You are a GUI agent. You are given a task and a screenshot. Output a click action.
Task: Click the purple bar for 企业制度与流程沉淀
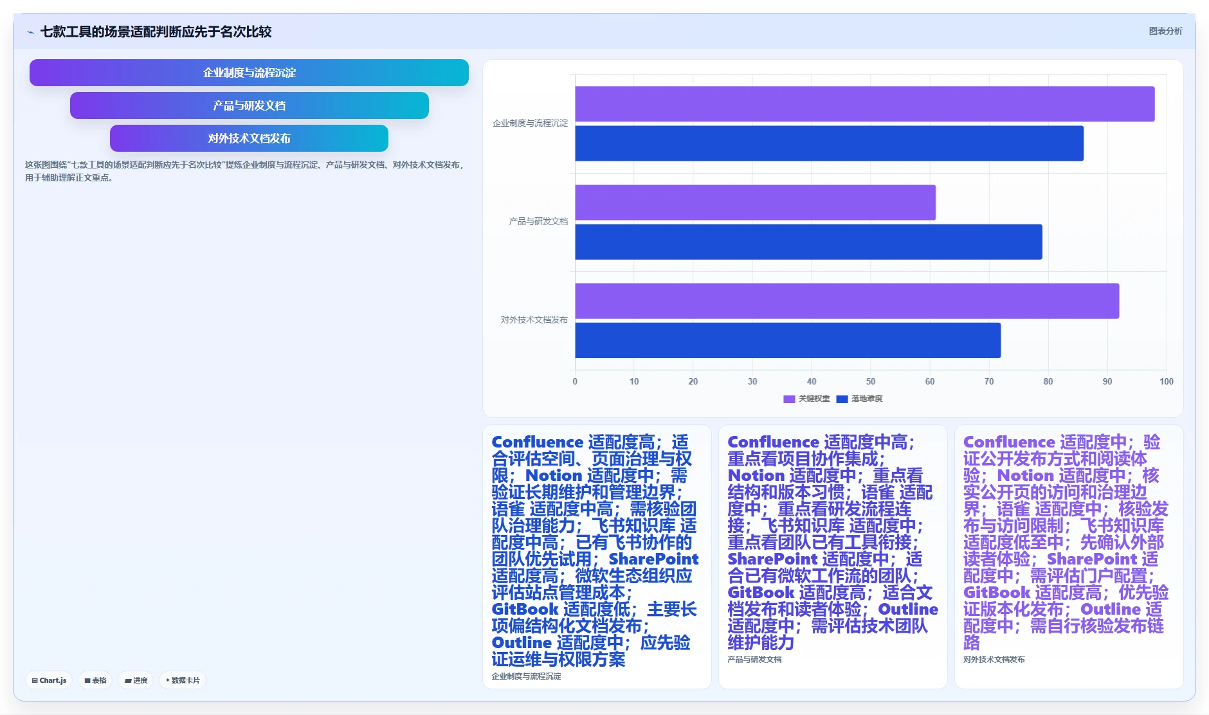click(864, 104)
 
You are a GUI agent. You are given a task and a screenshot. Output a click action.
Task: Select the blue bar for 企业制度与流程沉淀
click(829, 143)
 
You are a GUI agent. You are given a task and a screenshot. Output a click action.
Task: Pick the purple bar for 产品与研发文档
click(755, 203)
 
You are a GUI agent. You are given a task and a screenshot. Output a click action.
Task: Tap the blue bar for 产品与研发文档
click(808, 242)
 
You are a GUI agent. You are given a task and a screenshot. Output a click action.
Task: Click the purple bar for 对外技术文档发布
click(847, 301)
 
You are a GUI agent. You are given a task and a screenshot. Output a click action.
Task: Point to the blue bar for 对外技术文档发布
click(788, 340)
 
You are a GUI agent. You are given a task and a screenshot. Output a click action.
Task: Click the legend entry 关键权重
click(806, 399)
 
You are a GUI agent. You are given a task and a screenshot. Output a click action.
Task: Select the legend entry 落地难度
click(859, 399)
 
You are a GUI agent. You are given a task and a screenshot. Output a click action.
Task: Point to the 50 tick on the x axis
click(871, 381)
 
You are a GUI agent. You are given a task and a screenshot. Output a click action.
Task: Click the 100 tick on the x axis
click(1167, 381)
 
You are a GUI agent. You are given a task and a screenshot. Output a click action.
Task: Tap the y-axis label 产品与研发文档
click(538, 221)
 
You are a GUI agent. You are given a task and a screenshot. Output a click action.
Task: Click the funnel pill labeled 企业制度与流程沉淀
click(249, 73)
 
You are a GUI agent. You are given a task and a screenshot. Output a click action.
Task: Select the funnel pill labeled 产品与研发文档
click(249, 105)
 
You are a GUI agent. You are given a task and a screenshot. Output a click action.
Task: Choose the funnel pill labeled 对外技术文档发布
click(249, 138)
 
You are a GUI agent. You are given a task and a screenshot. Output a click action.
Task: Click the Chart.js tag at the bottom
click(49, 680)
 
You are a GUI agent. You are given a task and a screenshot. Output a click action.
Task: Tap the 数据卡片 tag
click(183, 680)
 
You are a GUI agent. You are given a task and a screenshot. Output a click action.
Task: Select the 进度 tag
click(136, 680)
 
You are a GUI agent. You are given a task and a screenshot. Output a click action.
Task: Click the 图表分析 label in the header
click(1165, 31)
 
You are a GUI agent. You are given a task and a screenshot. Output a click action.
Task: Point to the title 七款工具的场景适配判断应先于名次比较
click(156, 32)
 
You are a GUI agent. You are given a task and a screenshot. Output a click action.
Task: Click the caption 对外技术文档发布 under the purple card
click(994, 659)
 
